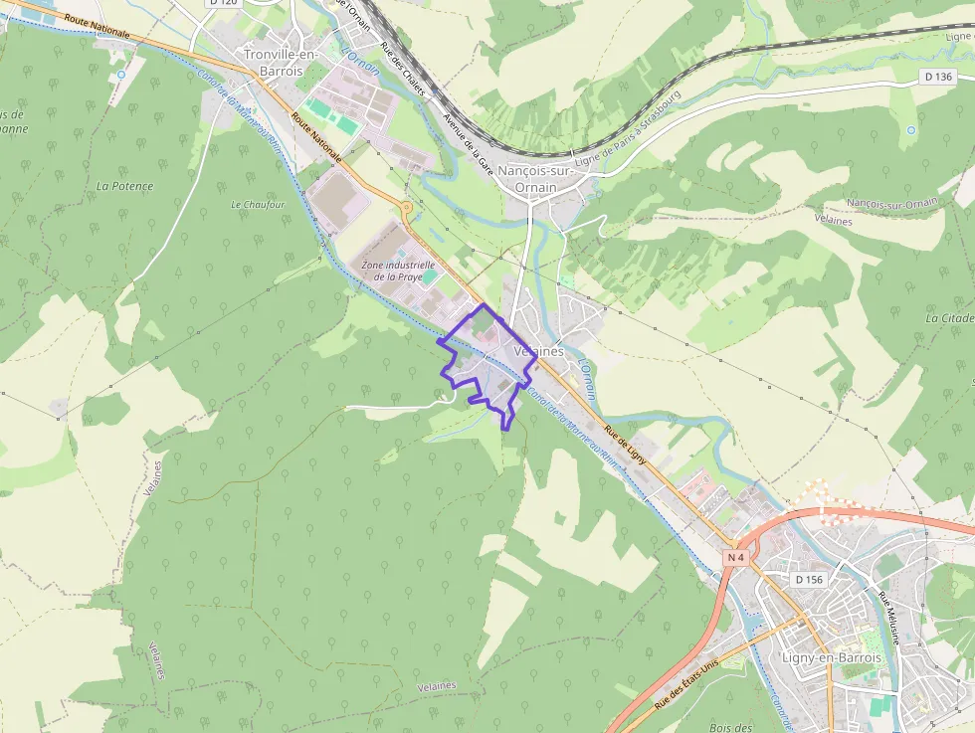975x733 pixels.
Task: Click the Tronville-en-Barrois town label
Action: [x=280, y=62]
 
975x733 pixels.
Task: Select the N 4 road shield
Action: [x=735, y=558]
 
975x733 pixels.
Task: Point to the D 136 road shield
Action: [x=937, y=77]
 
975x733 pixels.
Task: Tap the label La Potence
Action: [x=125, y=186]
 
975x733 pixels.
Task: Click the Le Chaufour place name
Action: [x=258, y=205]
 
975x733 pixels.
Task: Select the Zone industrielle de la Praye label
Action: [x=398, y=271]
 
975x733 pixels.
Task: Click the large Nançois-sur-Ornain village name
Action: [x=536, y=179]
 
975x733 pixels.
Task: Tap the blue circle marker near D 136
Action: [x=911, y=130]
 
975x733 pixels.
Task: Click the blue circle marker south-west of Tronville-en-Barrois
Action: [x=121, y=75]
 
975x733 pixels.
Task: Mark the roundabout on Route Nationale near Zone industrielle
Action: [x=406, y=207]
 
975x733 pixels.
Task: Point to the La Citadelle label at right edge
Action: [x=950, y=318]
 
